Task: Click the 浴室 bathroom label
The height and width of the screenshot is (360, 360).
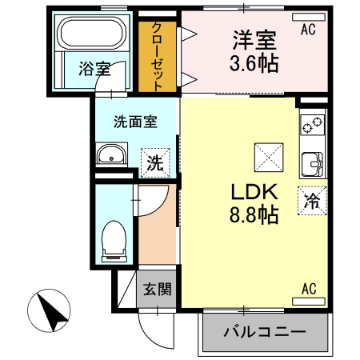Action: click(x=94, y=70)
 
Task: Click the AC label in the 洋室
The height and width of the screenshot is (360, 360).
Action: click(x=308, y=30)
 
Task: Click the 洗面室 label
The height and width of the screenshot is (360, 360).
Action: click(x=134, y=122)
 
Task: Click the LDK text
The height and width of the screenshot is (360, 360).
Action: click(x=254, y=193)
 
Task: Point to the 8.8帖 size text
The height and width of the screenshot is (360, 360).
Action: click(x=254, y=215)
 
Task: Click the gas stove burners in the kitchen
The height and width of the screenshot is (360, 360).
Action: click(x=312, y=126)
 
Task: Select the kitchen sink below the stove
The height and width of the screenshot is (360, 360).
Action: click(x=311, y=162)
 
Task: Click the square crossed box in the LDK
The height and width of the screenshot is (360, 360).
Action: click(x=266, y=156)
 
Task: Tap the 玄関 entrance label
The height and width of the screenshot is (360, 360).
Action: click(x=157, y=289)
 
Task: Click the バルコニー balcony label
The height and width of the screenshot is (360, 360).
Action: click(x=265, y=331)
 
